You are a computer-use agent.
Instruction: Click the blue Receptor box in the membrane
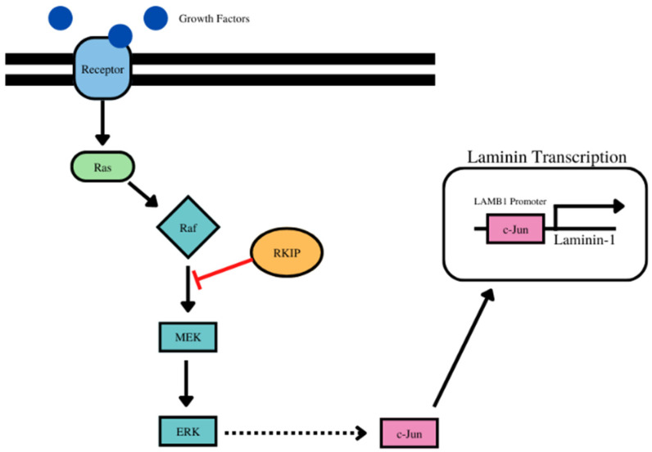click(x=102, y=70)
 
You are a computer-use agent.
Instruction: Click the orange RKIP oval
click(x=283, y=252)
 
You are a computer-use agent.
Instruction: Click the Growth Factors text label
click(x=214, y=18)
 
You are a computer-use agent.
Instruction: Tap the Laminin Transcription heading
click(x=546, y=156)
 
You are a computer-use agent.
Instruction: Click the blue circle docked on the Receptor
click(x=121, y=35)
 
